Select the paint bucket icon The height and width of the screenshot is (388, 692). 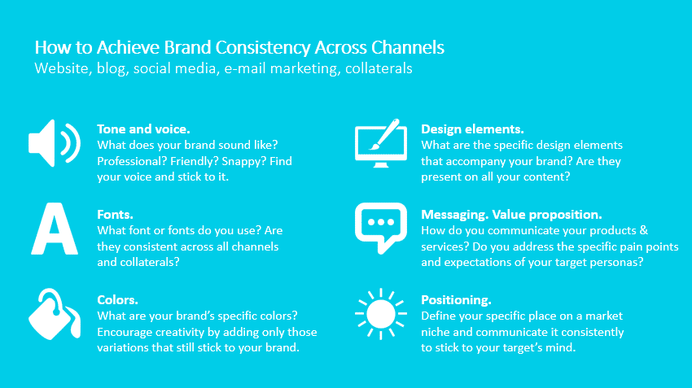click(54, 314)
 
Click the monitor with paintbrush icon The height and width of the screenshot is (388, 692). click(381, 143)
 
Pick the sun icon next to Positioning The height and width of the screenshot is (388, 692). click(381, 314)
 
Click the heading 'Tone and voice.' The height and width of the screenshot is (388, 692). click(143, 129)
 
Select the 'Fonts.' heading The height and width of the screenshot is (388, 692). click(115, 215)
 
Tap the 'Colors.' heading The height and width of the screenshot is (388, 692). click(117, 300)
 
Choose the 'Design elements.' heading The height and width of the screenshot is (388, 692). click(472, 129)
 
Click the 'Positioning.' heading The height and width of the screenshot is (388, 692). click(456, 300)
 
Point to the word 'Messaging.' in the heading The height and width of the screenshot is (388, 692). click(454, 215)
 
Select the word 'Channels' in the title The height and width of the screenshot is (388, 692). click(407, 48)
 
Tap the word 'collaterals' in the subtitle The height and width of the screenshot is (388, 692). click(379, 68)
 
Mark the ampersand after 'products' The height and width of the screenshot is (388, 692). click(644, 230)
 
